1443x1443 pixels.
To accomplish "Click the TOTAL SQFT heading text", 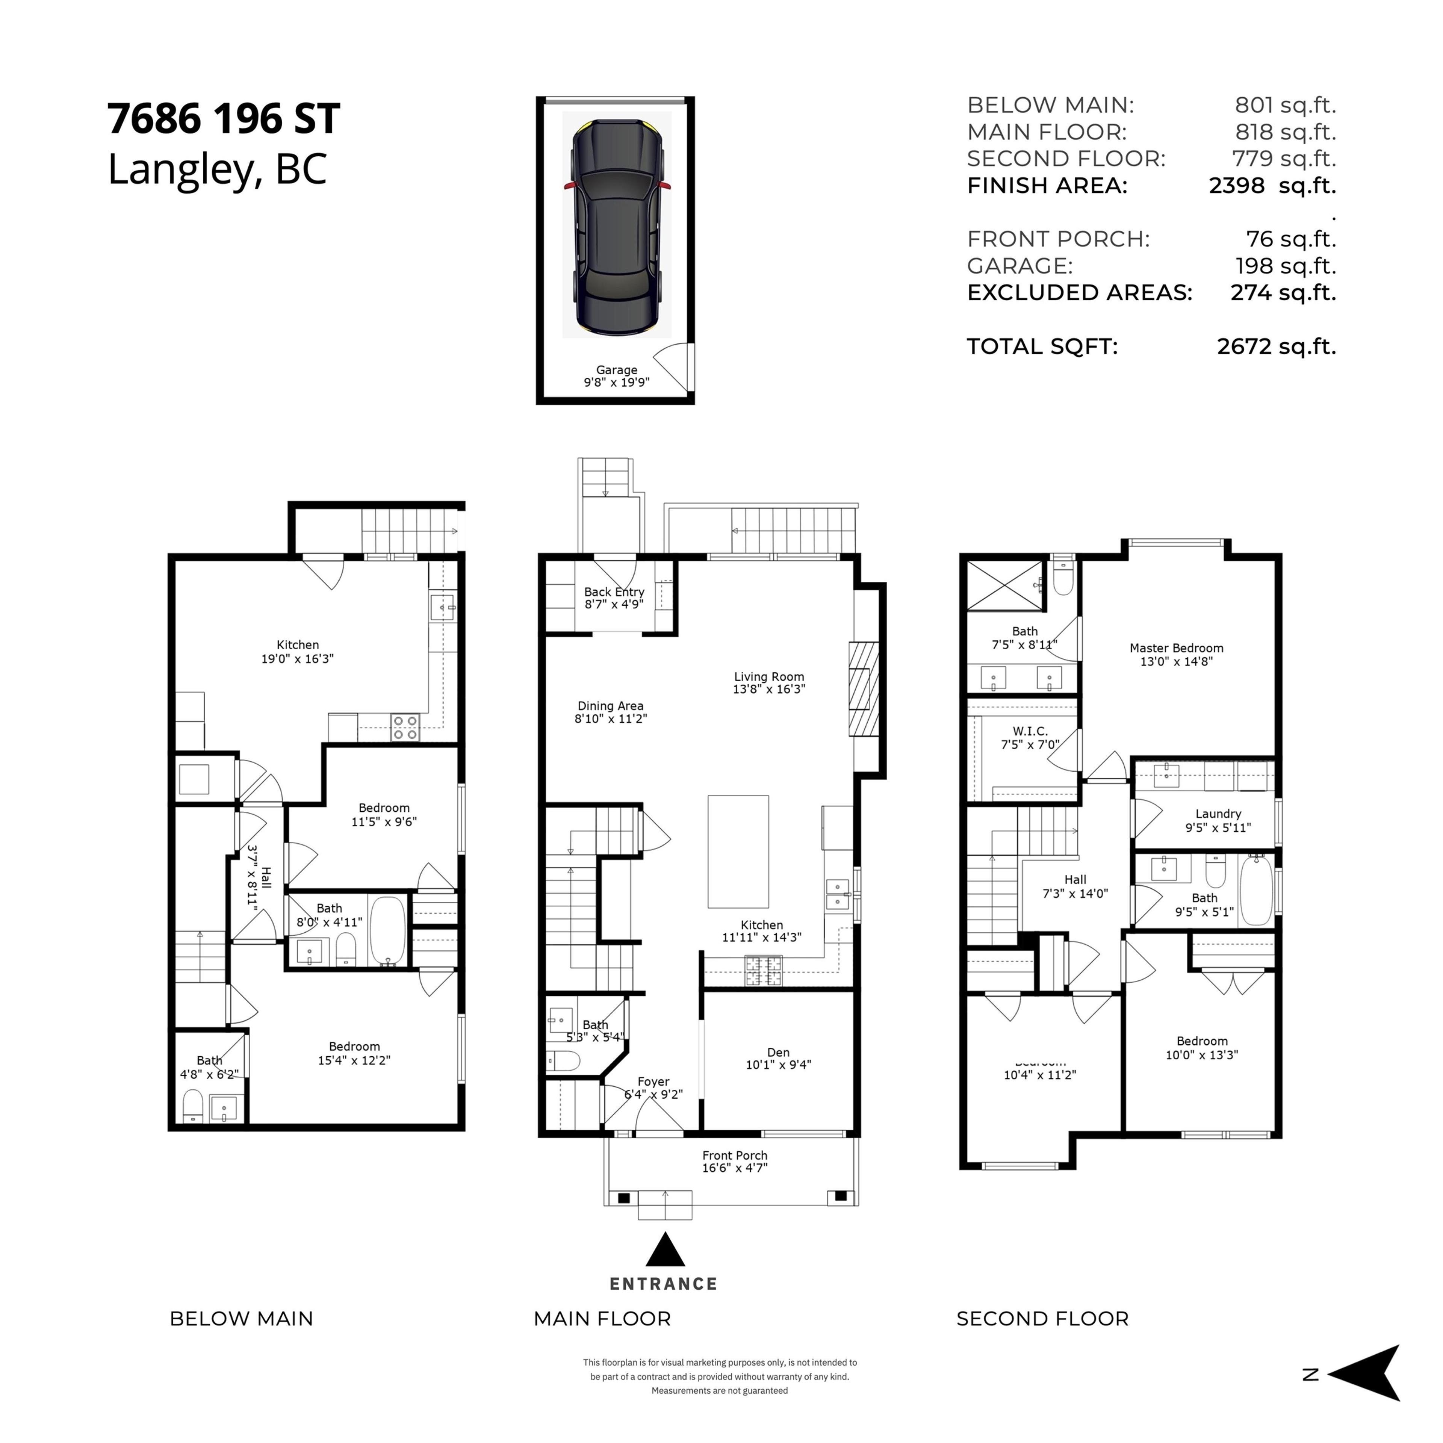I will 1042,346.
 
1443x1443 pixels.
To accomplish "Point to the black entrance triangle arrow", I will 665,1251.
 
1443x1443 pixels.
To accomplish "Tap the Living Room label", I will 768,683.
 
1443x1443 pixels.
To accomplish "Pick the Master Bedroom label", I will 1176,654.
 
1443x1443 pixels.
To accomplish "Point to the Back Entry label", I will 614,597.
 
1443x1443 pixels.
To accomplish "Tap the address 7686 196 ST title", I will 224,119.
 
